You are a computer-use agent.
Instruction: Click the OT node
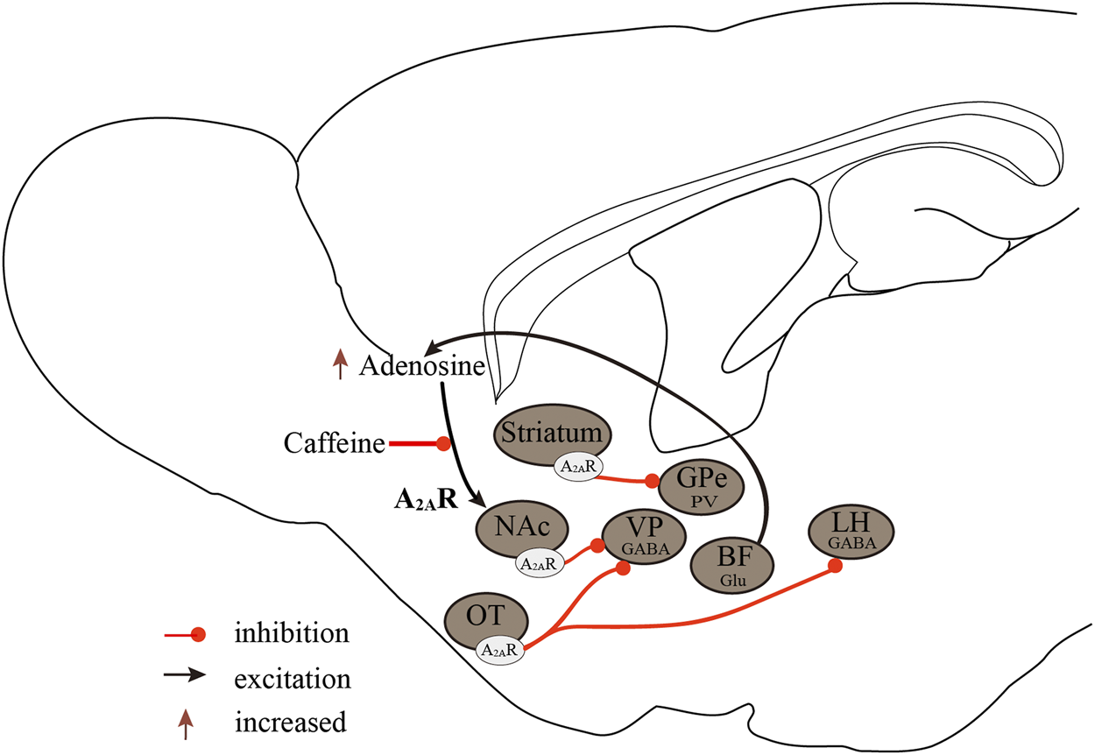486,618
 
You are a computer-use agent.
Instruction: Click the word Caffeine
335,444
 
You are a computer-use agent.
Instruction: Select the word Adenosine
422,366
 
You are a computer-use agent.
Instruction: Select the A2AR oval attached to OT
501,650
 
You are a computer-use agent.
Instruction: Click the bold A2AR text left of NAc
425,500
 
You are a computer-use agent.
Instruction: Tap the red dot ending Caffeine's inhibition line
444,444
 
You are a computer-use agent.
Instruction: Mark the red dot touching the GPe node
652,480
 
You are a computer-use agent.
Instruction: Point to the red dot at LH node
836,566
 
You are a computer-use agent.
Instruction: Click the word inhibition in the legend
292,632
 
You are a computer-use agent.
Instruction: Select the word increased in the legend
291,723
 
